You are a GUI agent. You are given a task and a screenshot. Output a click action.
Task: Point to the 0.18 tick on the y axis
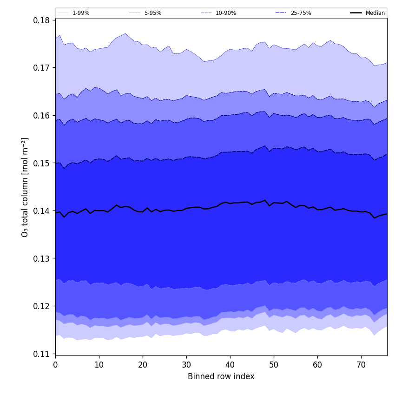click(42, 20)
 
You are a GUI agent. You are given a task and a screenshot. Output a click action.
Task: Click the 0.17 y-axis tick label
click(42, 68)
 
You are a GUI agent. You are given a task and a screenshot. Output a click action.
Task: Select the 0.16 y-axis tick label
click(42, 116)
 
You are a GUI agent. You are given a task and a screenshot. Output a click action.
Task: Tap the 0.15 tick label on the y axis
click(42, 163)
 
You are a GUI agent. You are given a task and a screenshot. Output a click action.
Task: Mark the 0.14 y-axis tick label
click(42, 211)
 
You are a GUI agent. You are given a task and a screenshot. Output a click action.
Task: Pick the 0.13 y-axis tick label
click(42, 258)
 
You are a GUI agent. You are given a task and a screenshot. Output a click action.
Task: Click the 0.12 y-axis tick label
click(42, 306)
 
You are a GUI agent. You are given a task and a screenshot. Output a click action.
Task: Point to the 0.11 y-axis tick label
click(42, 354)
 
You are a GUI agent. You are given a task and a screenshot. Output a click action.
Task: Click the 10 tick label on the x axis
click(99, 365)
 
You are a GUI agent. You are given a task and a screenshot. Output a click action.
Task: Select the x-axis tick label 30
click(186, 365)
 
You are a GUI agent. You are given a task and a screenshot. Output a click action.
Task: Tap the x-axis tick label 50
click(274, 365)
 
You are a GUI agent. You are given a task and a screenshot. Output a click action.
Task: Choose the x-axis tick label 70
click(361, 365)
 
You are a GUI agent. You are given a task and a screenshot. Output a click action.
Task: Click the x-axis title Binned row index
click(221, 377)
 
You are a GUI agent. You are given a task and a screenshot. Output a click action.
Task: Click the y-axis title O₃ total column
click(25, 187)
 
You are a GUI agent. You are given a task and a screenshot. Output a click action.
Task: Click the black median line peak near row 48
click(265, 200)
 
